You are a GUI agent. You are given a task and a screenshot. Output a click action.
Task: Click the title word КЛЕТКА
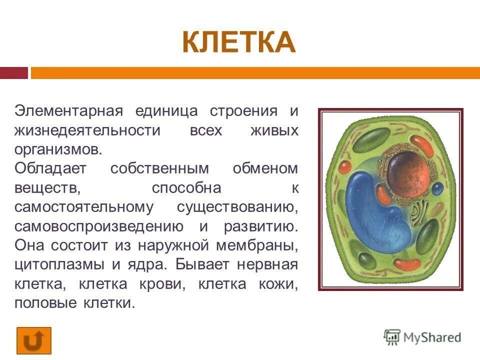point(239,42)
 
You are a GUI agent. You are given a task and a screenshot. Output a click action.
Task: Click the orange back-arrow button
point(33,341)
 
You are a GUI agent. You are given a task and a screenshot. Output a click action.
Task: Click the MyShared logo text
point(430,337)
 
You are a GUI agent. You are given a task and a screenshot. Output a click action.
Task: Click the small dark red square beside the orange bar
point(13,73)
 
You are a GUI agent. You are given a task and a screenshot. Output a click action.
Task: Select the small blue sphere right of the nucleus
point(437,188)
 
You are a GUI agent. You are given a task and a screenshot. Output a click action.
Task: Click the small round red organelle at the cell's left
point(345,166)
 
